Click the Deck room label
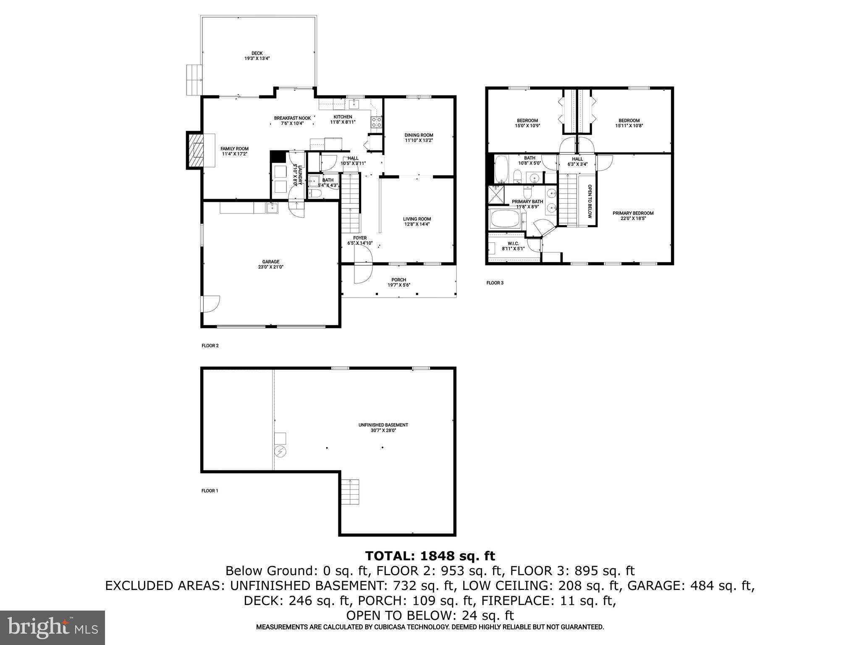point(257,53)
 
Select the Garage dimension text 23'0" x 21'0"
point(271,267)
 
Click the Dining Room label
point(419,135)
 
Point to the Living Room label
point(417,219)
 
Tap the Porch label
point(399,280)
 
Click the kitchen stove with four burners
point(376,122)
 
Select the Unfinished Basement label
point(383,425)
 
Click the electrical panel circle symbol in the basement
point(280,452)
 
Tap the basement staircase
point(350,492)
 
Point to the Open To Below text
point(590,201)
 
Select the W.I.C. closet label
point(513,244)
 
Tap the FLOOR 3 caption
point(495,283)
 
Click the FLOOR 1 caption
point(210,490)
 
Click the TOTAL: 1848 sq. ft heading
point(430,556)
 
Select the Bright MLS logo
point(52,628)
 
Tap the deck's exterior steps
point(194,80)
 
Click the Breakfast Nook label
point(292,118)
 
